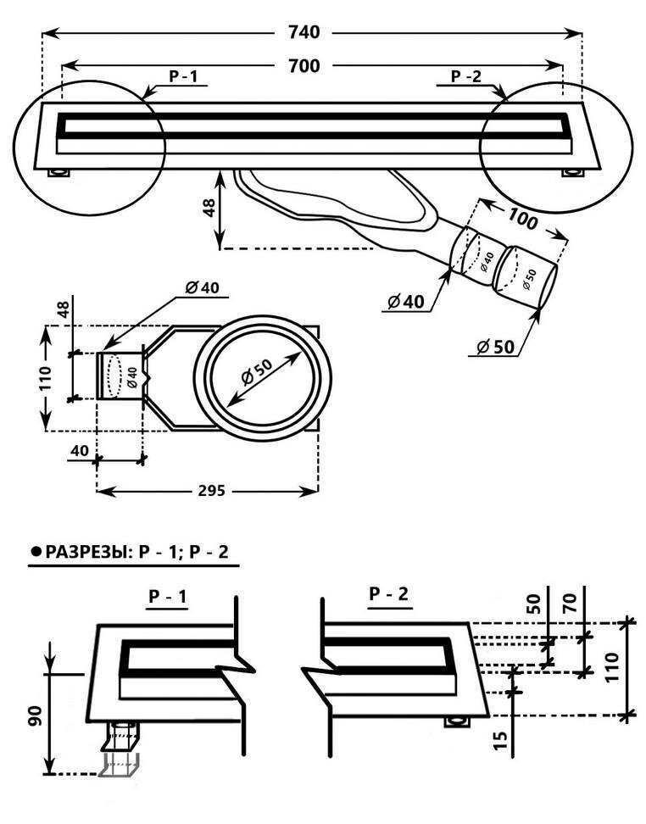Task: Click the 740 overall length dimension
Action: tap(304, 33)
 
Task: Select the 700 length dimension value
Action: tap(304, 66)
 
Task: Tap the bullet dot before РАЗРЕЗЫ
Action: tap(35, 552)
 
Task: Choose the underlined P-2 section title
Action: tap(389, 594)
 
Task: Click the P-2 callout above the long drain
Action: tap(465, 76)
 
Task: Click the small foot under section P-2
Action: tap(459, 722)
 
